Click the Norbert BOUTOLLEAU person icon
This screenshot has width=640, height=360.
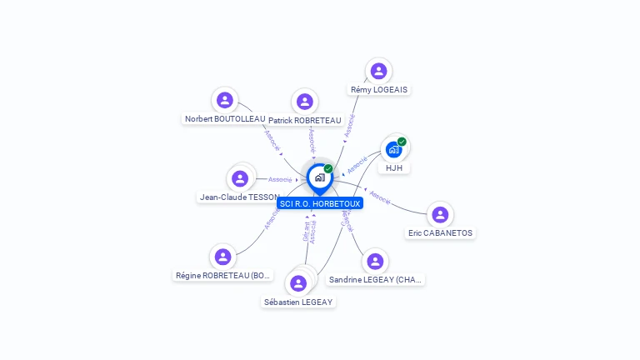tap(224, 100)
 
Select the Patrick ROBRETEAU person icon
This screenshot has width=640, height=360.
tap(305, 102)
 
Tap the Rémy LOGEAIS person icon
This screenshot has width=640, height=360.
tap(378, 71)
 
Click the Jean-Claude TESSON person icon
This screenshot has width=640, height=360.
tap(240, 178)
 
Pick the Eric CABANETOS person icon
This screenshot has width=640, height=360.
tap(440, 214)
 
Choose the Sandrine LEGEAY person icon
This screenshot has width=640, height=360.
tap(376, 262)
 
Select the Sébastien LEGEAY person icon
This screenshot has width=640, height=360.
tap(298, 283)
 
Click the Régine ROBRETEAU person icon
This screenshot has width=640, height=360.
tap(222, 257)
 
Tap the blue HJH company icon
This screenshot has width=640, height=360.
tap(393, 150)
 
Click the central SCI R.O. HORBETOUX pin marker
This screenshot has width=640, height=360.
tap(319, 177)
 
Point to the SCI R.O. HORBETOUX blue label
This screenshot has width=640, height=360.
tap(320, 203)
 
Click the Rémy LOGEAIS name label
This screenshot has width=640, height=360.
tap(380, 89)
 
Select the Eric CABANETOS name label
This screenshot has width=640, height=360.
tap(440, 233)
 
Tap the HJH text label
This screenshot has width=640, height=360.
tap(393, 168)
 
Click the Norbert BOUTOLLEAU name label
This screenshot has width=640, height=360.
tap(225, 119)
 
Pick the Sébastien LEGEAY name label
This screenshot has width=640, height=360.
tap(298, 302)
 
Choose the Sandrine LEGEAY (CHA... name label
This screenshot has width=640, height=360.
tap(376, 280)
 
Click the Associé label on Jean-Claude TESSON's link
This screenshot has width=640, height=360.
tap(280, 179)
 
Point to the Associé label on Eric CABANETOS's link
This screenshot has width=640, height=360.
tap(379, 198)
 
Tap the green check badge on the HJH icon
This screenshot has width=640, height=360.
tap(402, 142)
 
